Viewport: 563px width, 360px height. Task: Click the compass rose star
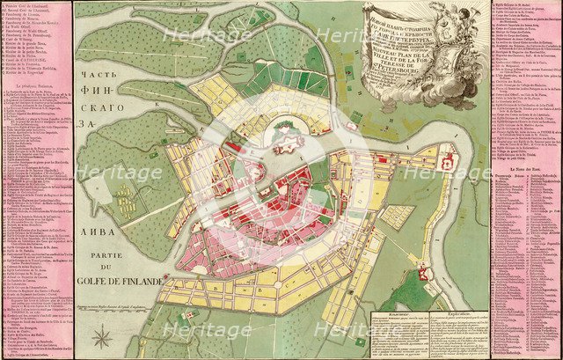pos(103,337)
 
